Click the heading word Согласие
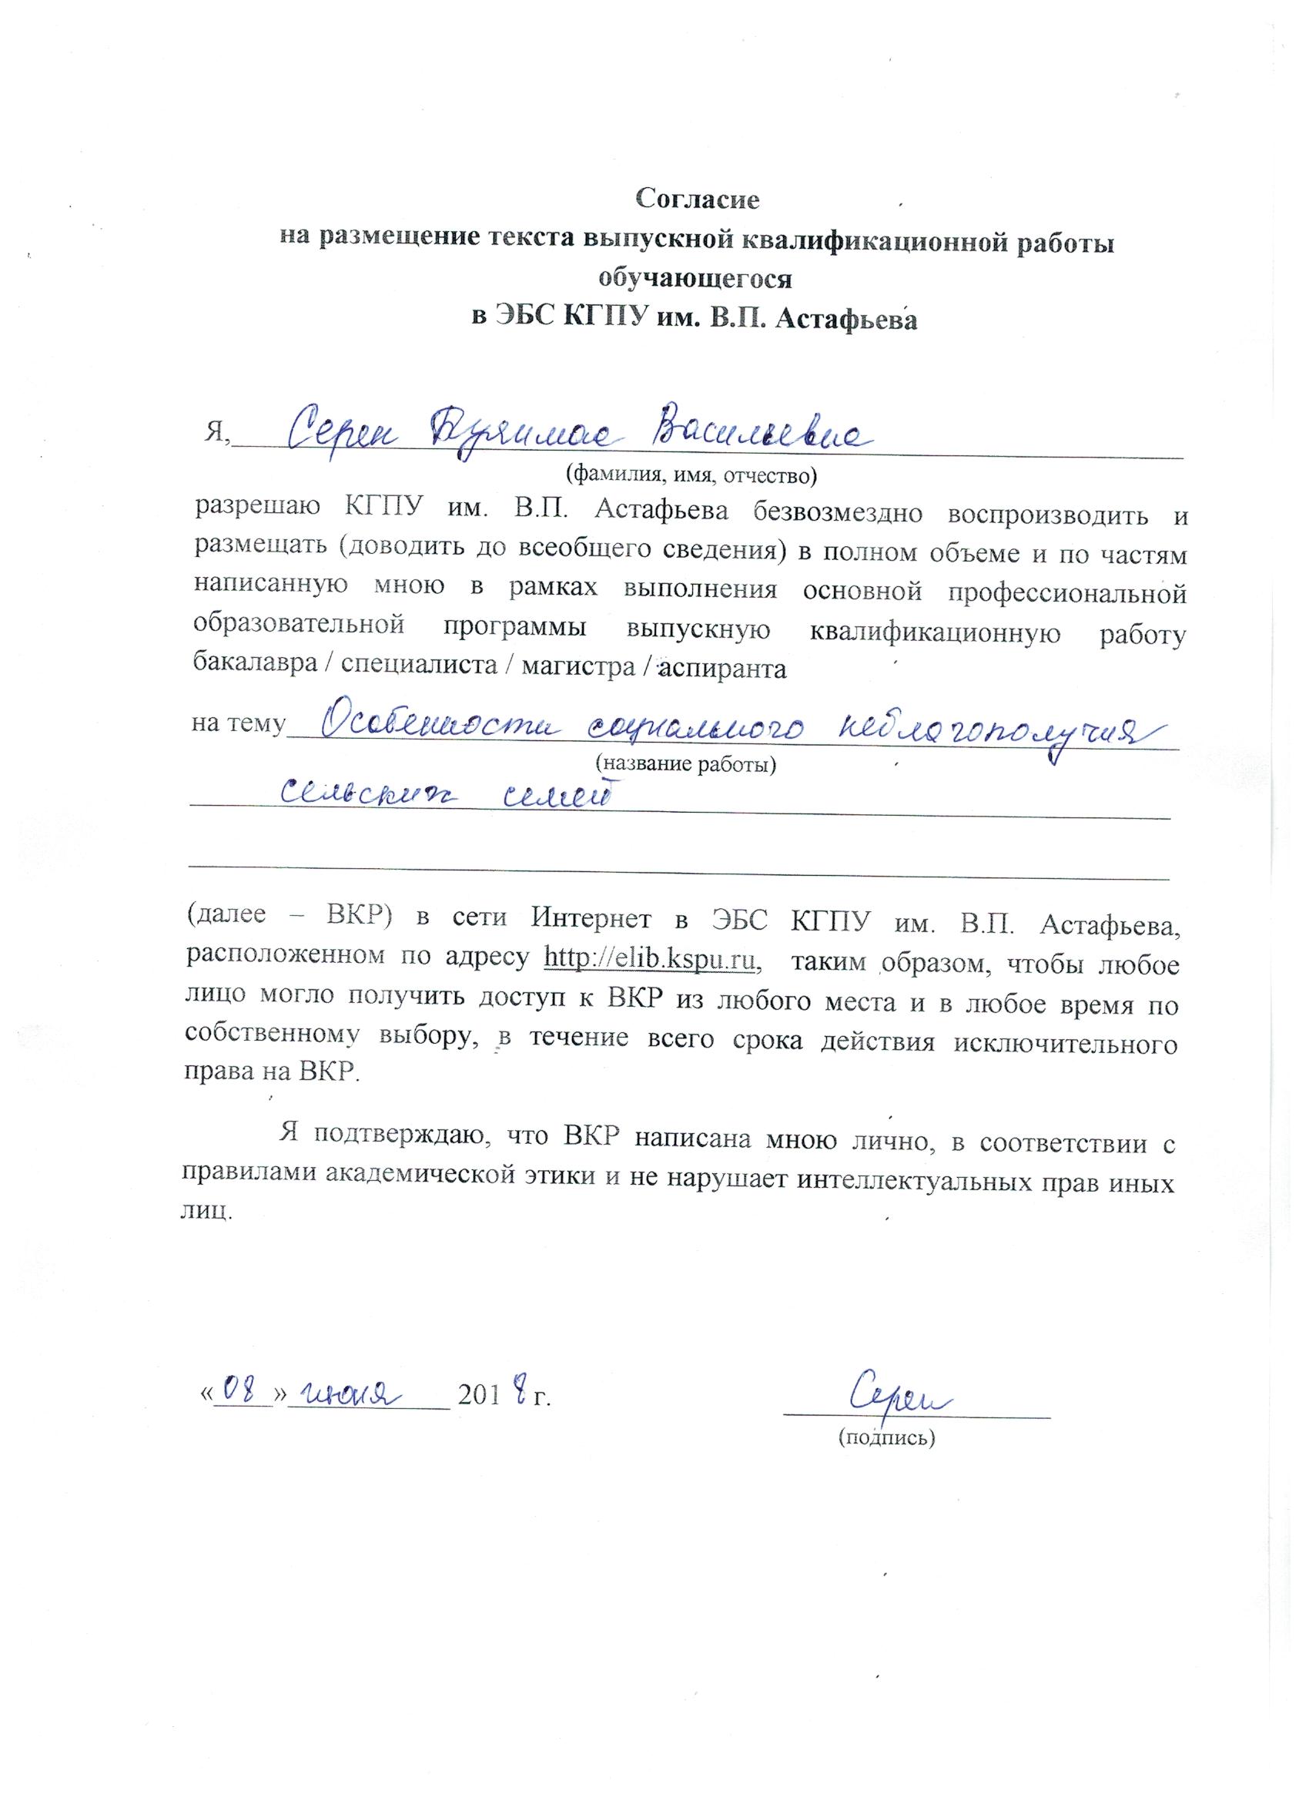[x=698, y=199]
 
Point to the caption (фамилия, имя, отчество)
[x=690, y=475]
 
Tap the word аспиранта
[x=722, y=667]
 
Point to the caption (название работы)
[x=685, y=764]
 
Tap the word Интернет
[x=594, y=924]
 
